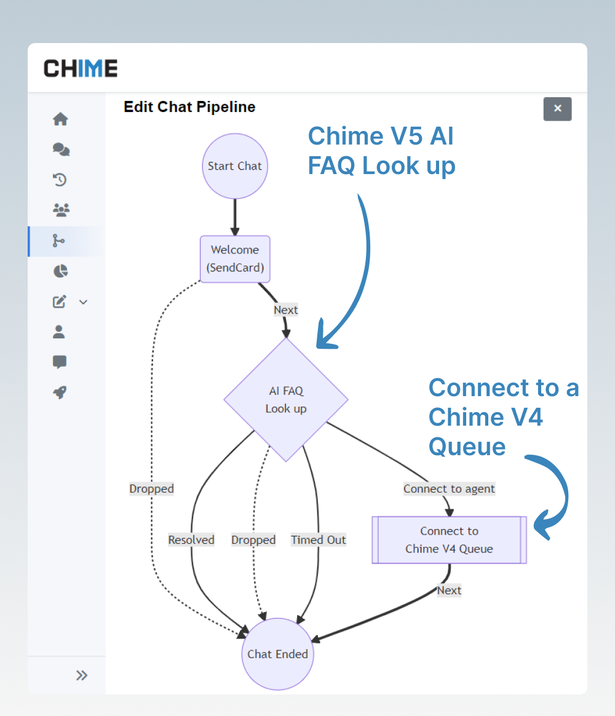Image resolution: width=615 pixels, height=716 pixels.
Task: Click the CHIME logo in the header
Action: [81, 68]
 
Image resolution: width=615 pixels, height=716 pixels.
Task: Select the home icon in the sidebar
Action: [60, 119]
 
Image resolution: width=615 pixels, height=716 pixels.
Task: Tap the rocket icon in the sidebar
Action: [60, 393]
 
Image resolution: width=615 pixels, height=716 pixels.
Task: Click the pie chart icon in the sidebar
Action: [60, 271]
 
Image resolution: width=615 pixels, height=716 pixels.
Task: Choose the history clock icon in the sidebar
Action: [60, 180]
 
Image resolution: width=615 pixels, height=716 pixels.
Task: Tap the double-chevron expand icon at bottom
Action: [82, 675]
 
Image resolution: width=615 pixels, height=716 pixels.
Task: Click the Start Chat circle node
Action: [234, 166]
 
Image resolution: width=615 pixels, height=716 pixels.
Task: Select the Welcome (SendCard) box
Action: [234, 259]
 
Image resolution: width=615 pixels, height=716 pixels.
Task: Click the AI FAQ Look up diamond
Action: [286, 400]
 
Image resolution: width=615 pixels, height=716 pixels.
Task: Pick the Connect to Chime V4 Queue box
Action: [449, 540]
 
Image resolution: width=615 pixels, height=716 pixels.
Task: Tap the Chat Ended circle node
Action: [277, 654]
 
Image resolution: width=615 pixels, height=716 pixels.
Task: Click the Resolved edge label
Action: [191, 540]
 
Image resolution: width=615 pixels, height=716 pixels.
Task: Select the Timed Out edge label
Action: [319, 540]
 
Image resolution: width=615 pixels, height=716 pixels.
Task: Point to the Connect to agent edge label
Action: [449, 489]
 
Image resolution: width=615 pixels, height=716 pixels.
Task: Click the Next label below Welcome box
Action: [285, 310]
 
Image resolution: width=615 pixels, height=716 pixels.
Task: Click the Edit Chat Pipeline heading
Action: [189, 107]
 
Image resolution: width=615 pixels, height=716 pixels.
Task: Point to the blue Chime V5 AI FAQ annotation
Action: [381, 151]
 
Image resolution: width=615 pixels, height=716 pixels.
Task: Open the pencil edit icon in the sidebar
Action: [60, 302]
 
